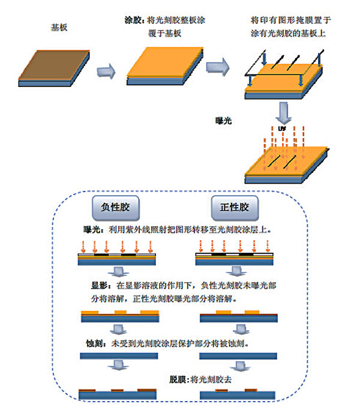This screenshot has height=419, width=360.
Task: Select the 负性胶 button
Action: [x=116, y=208]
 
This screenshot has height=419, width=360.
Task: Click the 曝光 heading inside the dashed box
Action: [x=94, y=229]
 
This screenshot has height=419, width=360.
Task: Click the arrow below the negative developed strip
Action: [x=118, y=329]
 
